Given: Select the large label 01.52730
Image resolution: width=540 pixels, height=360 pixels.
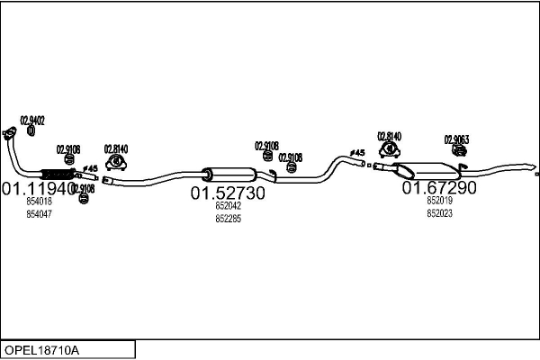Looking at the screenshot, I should click(228, 193).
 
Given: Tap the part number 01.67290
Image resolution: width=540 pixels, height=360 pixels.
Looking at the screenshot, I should click(439, 188).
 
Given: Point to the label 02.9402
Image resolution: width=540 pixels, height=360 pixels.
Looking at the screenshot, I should click(32, 120).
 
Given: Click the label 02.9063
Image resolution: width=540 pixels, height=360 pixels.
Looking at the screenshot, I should click(456, 139).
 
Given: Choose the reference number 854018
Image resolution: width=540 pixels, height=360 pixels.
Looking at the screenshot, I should click(39, 202).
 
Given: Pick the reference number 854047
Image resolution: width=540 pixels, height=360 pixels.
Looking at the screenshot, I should click(39, 214).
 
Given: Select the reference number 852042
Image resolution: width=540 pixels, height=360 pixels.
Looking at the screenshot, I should click(228, 206).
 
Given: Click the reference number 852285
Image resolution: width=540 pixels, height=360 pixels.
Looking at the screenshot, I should click(228, 219).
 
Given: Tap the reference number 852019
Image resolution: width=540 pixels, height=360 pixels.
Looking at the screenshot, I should click(439, 202).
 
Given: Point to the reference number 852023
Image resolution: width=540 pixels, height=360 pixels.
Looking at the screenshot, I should click(439, 213).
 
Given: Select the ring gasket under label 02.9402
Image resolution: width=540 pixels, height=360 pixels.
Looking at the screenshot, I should click(31, 130).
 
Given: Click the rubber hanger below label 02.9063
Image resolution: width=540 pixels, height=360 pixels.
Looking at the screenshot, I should click(458, 153).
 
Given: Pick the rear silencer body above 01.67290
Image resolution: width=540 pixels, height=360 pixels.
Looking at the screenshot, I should click(427, 169).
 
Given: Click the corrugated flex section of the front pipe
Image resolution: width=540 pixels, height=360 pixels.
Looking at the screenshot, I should click(58, 174).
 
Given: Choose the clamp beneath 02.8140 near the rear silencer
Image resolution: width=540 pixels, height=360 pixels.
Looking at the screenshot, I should click(389, 150).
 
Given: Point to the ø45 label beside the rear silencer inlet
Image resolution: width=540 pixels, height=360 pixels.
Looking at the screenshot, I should click(358, 153).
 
